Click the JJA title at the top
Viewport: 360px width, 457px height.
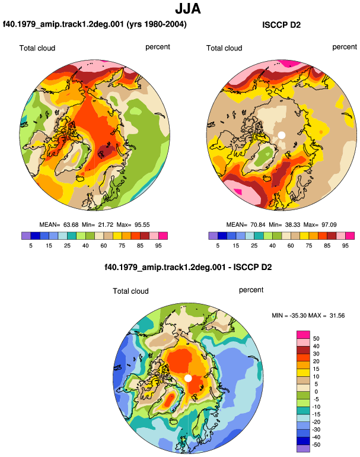pos(188,9)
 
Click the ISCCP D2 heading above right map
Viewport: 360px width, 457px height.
pos(281,25)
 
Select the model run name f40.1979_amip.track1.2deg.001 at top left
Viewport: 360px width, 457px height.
pos(63,24)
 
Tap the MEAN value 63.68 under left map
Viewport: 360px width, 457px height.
pos(71,225)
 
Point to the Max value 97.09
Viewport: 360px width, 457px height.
pos(329,225)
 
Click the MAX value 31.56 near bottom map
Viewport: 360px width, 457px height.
pos(337,315)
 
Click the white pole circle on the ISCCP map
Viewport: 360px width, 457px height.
pos(281,135)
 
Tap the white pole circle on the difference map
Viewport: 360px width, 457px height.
pos(188,378)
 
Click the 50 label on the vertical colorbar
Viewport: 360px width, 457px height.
pos(316,338)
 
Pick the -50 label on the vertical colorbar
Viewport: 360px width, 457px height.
pos(316,445)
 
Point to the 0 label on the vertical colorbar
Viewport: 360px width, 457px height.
pos(316,392)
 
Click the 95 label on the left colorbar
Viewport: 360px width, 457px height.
pos(158,245)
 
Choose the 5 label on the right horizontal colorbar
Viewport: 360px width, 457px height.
pos(218,245)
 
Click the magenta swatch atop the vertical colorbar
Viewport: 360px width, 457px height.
pos(303,335)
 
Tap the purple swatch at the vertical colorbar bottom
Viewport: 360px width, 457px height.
pos(303,448)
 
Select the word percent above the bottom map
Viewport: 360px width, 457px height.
pos(251,290)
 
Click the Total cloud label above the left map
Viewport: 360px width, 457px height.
pos(37,48)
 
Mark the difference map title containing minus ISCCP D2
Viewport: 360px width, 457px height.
pos(188,267)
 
